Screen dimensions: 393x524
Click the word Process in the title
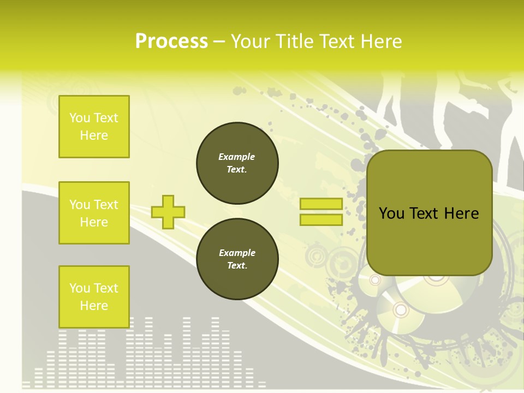171,41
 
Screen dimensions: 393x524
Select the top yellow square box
94,127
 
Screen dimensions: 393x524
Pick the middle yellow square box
94,213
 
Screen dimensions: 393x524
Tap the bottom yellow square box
94,297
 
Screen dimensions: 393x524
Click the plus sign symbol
168,212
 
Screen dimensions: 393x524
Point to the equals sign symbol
321,212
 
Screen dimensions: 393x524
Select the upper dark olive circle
237,163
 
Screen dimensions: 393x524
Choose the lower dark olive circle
237,259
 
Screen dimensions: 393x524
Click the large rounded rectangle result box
429,213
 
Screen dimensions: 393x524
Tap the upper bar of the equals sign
321,204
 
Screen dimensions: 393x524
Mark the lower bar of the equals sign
321,219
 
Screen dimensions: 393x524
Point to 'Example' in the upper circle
237,157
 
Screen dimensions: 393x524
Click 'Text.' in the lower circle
237,266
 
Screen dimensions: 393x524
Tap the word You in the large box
391,213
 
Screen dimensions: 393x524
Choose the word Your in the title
251,41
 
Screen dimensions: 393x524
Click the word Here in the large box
461,213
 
